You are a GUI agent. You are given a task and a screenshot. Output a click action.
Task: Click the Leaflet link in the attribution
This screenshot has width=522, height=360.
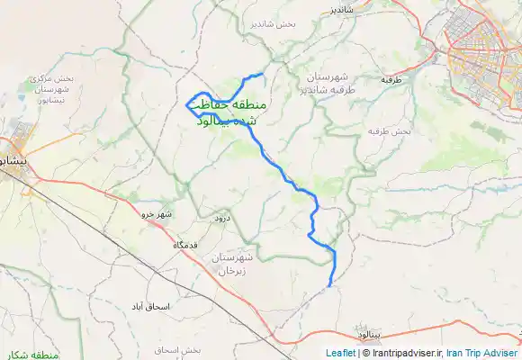pyautogui.click(x=340, y=354)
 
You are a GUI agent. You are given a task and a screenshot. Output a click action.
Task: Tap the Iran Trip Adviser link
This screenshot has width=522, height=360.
pyautogui.click(x=482, y=354)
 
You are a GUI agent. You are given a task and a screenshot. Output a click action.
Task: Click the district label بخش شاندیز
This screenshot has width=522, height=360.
pyautogui.click(x=274, y=23)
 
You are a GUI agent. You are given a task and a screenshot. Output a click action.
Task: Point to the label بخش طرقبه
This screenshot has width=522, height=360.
pyautogui.click(x=390, y=131)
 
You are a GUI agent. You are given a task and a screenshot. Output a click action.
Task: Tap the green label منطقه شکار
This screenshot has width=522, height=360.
pyautogui.click(x=32, y=355)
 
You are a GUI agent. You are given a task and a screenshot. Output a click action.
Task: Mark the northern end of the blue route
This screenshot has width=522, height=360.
pyautogui.click(x=262, y=74)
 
